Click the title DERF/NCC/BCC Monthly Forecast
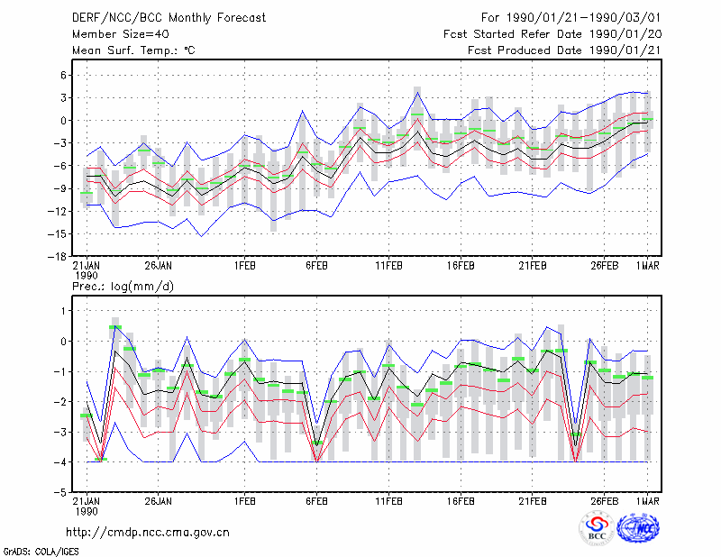(169, 18)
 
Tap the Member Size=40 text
(121, 34)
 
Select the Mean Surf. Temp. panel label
(133, 50)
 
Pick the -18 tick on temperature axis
(57, 257)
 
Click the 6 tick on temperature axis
(63, 75)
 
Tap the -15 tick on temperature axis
(57, 234)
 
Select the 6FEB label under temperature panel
(316, 266)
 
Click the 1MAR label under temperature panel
(648, 266)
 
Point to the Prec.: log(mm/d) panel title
(123, 287)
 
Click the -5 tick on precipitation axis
(60, 492)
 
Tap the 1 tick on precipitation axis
(64, 311)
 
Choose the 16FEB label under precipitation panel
(461, 501)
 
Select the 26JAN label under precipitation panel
(159, 501)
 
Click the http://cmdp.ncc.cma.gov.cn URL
(148, 533)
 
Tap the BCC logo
(597, 528)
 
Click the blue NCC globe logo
(638, 528)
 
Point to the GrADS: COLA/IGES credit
(41, 552)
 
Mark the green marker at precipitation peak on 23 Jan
(115, 327)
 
